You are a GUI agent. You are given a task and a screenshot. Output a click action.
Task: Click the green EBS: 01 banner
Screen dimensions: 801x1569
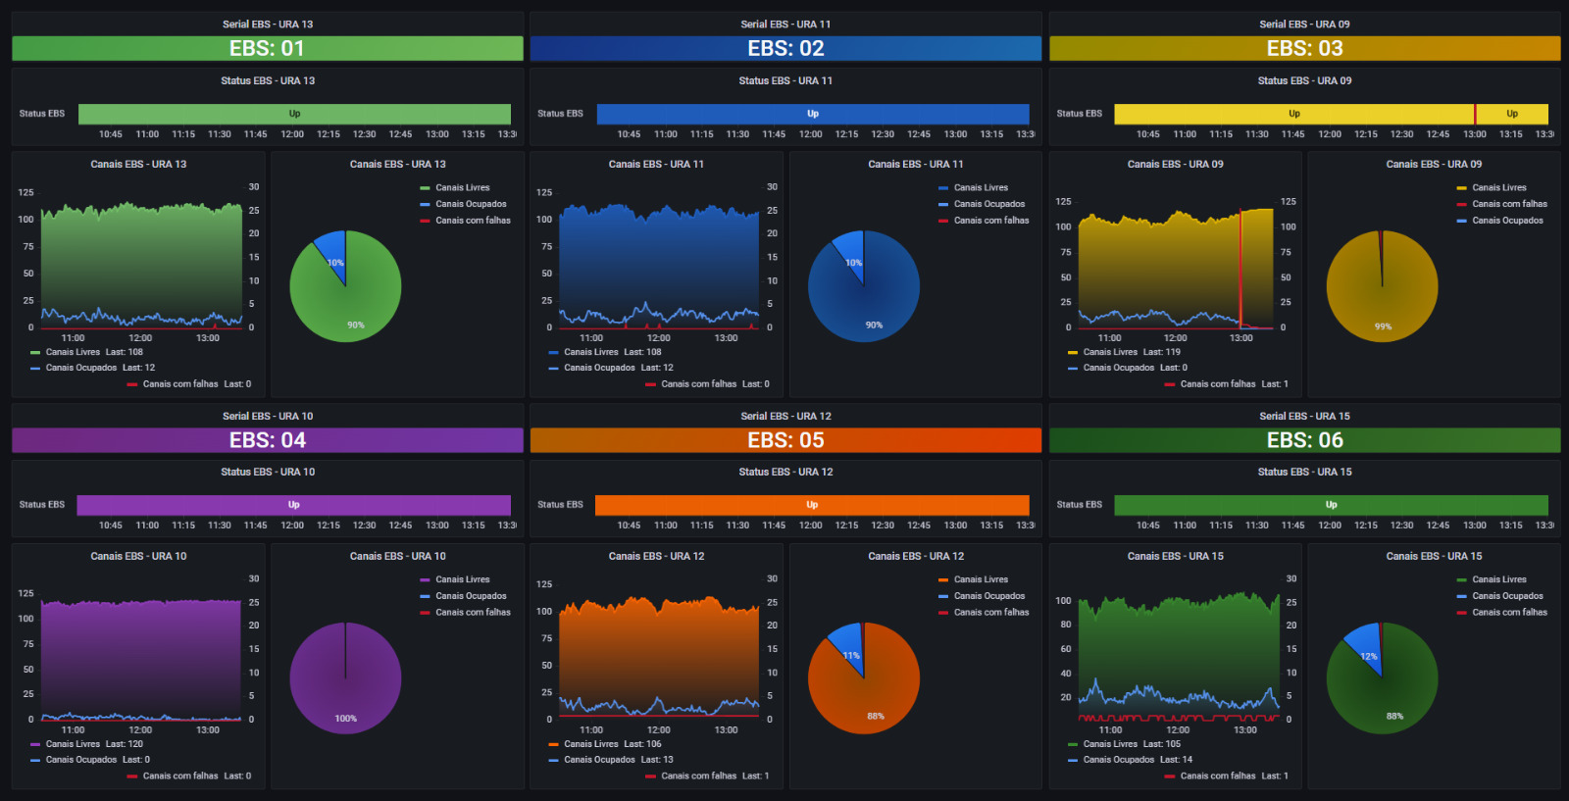(x=267, y=48)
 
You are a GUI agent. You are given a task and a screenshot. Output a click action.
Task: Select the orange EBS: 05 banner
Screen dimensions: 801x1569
(x=785, y=440)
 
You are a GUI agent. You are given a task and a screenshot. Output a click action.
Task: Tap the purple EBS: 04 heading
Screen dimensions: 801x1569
(x=267, y=440)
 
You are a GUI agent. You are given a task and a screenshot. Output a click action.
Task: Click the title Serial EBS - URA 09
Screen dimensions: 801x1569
(x=1304, y=25)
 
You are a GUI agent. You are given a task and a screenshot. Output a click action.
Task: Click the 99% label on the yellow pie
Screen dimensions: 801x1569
(x=1383, y=326)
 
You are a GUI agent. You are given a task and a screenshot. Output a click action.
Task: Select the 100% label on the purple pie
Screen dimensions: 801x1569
(x=345, y=719)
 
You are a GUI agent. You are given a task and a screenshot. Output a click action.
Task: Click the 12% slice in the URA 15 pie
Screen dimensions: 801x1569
(x=1366, y=649)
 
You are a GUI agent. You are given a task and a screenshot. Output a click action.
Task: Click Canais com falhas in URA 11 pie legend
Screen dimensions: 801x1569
(x=990, y=221)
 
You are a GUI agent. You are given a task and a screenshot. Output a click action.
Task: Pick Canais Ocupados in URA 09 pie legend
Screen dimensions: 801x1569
(x=1507, y=221)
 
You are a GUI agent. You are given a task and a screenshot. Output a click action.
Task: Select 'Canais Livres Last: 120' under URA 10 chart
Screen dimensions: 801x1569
(x=93, y=744)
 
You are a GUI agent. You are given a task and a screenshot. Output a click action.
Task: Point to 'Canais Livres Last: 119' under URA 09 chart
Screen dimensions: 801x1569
(x=1131, y=352)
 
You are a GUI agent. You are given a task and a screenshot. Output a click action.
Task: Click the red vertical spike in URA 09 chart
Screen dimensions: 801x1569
(x=1240, y=265)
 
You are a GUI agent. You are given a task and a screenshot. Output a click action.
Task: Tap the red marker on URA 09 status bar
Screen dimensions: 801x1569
(x=1475, y=114)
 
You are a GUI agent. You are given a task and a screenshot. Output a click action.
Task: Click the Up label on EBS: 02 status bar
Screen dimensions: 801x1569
(x=813, y=114)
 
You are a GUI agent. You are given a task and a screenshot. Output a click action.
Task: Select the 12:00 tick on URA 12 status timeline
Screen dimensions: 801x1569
(x=810, y=526)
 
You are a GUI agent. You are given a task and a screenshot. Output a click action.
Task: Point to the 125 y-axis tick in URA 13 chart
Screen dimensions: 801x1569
(x=26, y=192)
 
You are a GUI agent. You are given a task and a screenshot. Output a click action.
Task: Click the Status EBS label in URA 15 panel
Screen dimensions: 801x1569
(x=1079, y=505)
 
